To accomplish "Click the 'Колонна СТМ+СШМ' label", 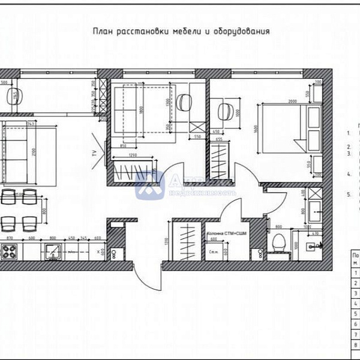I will click(x=227, y=232).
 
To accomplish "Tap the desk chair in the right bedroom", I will click(x=227, y=112).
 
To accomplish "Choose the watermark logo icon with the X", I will click(x=149, y=185).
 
